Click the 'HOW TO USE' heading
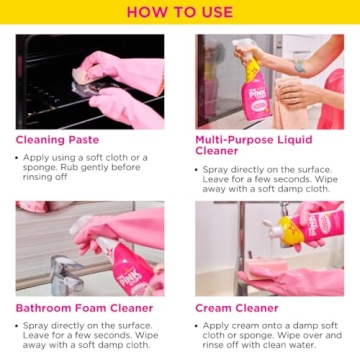point(180,12)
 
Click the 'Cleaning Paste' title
point(57,140)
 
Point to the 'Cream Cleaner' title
point(235,308)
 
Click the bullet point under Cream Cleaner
point(198,326)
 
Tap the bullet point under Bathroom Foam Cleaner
point(19,326)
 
